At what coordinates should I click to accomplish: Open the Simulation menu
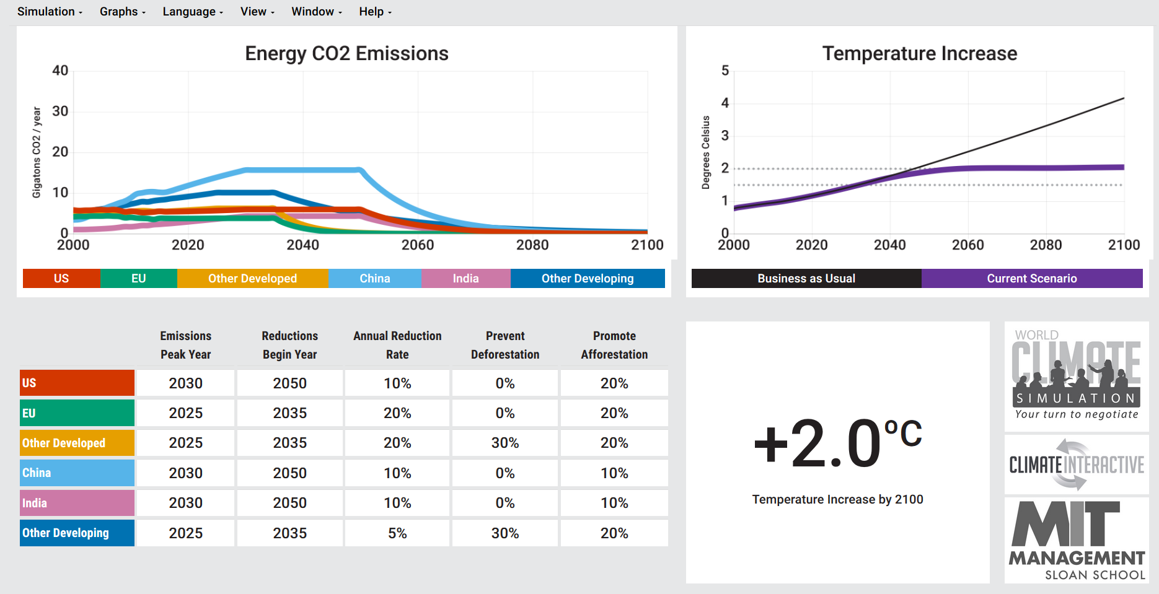(x=49, y=12)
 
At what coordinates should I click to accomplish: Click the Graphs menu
(x=122, y=12)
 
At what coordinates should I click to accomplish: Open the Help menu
(x=375, y=12)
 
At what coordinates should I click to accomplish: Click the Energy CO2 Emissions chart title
(x=346, y=54)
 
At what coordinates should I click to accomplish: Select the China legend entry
(x=374, y=279)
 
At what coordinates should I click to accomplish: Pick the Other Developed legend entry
(x=252, y=279)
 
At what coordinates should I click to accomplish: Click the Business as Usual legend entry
(x=806, y=279)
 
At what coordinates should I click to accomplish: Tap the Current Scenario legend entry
(x=1031, y=279)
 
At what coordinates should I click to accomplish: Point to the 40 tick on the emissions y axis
(x=60, y=71)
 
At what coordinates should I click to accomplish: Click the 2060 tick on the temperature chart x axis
(x=967, y=245)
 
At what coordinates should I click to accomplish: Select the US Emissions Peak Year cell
(x=185, y=383)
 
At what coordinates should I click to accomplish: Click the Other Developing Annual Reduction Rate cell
(x=397, y=533)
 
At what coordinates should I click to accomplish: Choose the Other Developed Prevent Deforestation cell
(x=505, y=443)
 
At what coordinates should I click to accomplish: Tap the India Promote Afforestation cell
(x=614, y=504)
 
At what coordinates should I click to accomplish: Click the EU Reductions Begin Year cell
(x=289, y=413)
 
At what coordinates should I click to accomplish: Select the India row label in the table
(x=77, y=504)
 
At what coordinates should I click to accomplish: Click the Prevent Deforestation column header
(x=505, y=345)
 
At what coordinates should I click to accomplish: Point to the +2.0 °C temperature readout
(x=837, y=444)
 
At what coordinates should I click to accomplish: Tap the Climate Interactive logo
(x=1077, y=465)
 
